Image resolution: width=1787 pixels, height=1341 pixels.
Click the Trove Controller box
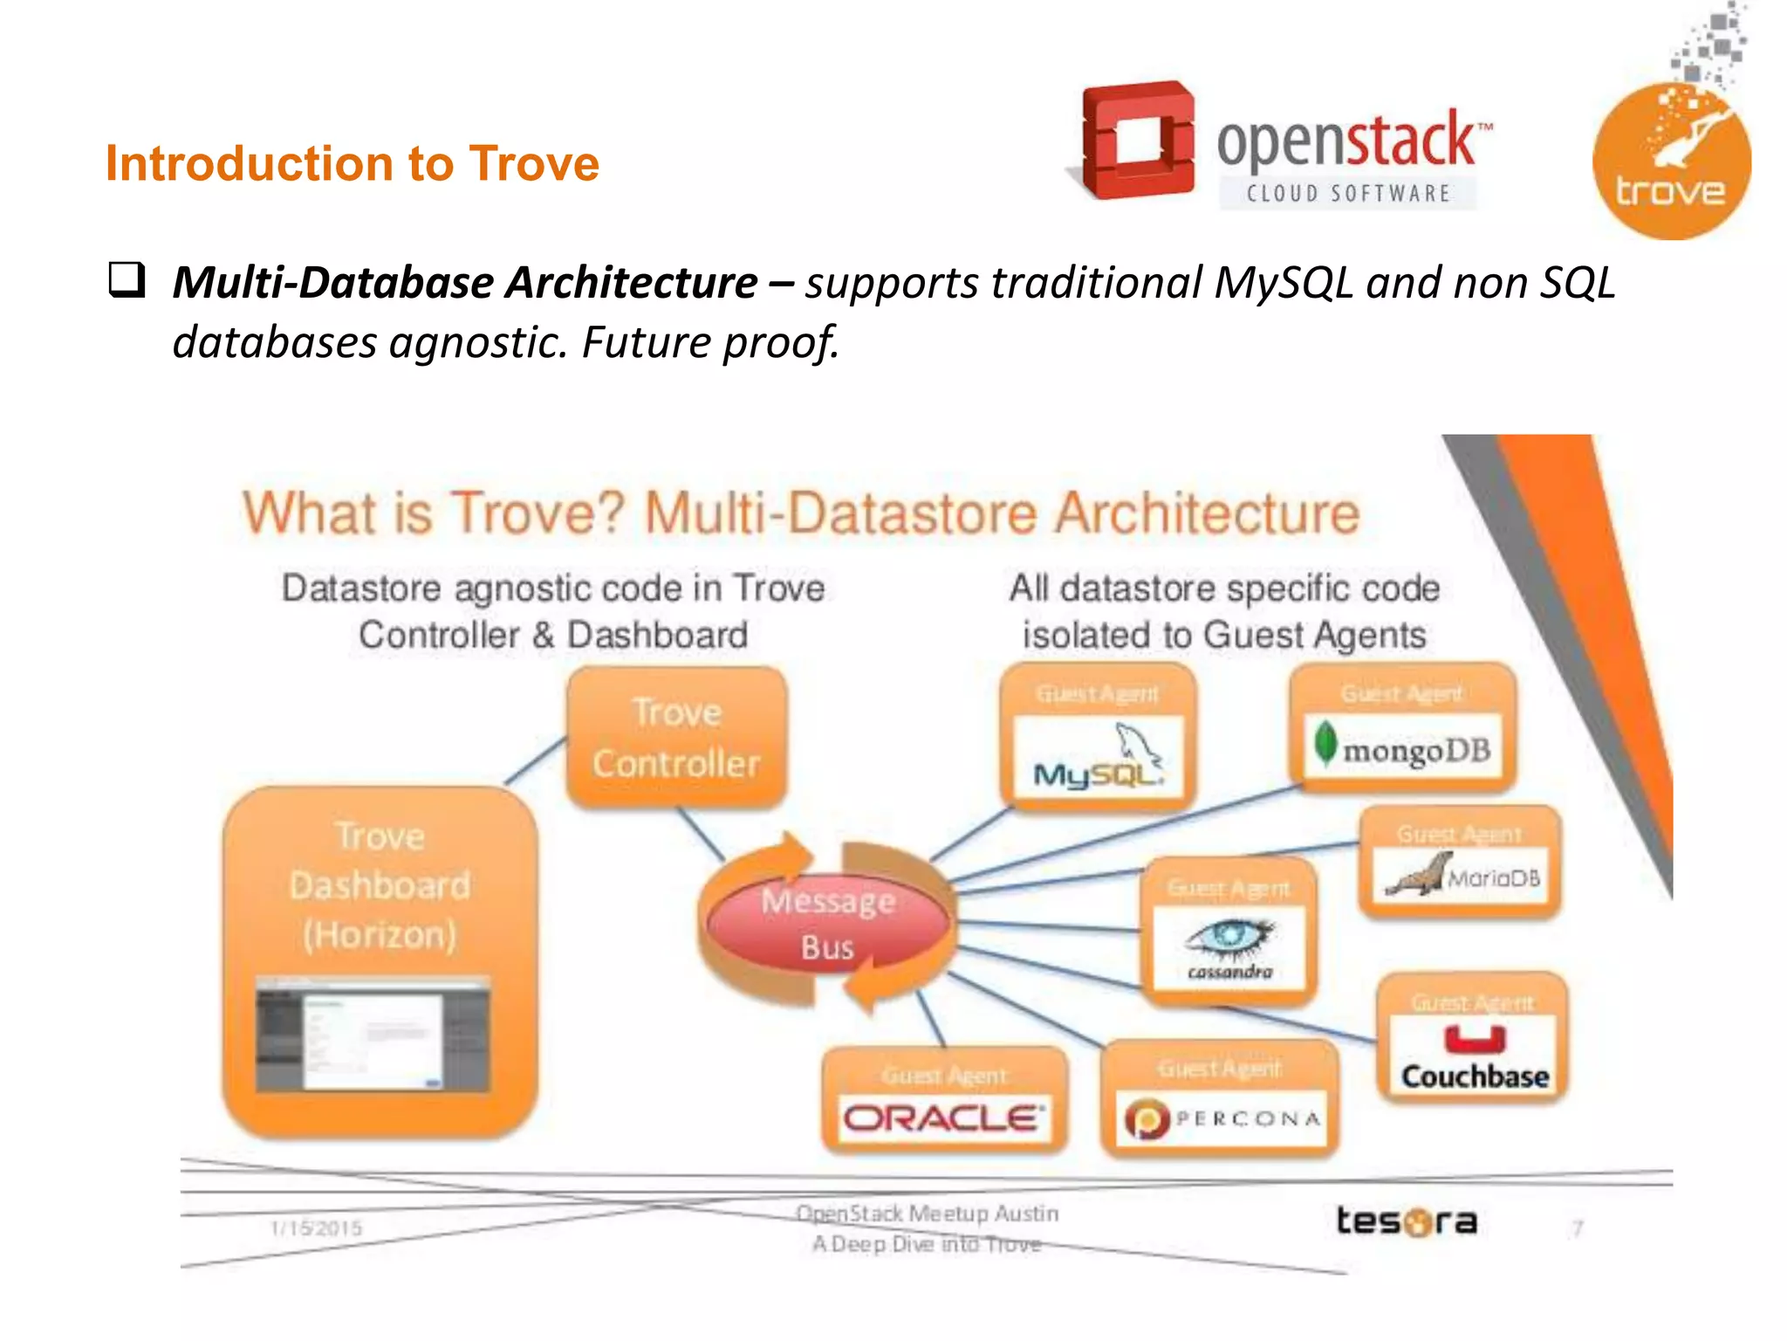[676, 738]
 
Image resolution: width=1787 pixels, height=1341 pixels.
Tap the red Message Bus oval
[827, 923]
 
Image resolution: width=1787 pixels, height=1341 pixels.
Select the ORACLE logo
[943, 1118]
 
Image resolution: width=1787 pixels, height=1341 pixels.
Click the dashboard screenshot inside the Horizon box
[373, 1035]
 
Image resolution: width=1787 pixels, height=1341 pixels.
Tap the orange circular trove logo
[1671, 162]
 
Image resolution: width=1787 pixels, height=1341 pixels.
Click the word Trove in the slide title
[534, 163]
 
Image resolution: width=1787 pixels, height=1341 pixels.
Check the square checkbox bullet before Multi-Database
[127, 280]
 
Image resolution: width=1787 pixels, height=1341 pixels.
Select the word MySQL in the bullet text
[1283, 283]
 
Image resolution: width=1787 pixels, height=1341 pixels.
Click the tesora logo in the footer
[1407, 1221]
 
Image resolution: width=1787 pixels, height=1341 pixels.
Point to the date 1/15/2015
[316, 1228]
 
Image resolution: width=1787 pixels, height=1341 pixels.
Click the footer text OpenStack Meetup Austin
[927, 1214]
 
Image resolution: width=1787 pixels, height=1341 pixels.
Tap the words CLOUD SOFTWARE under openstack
[1348, 193]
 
